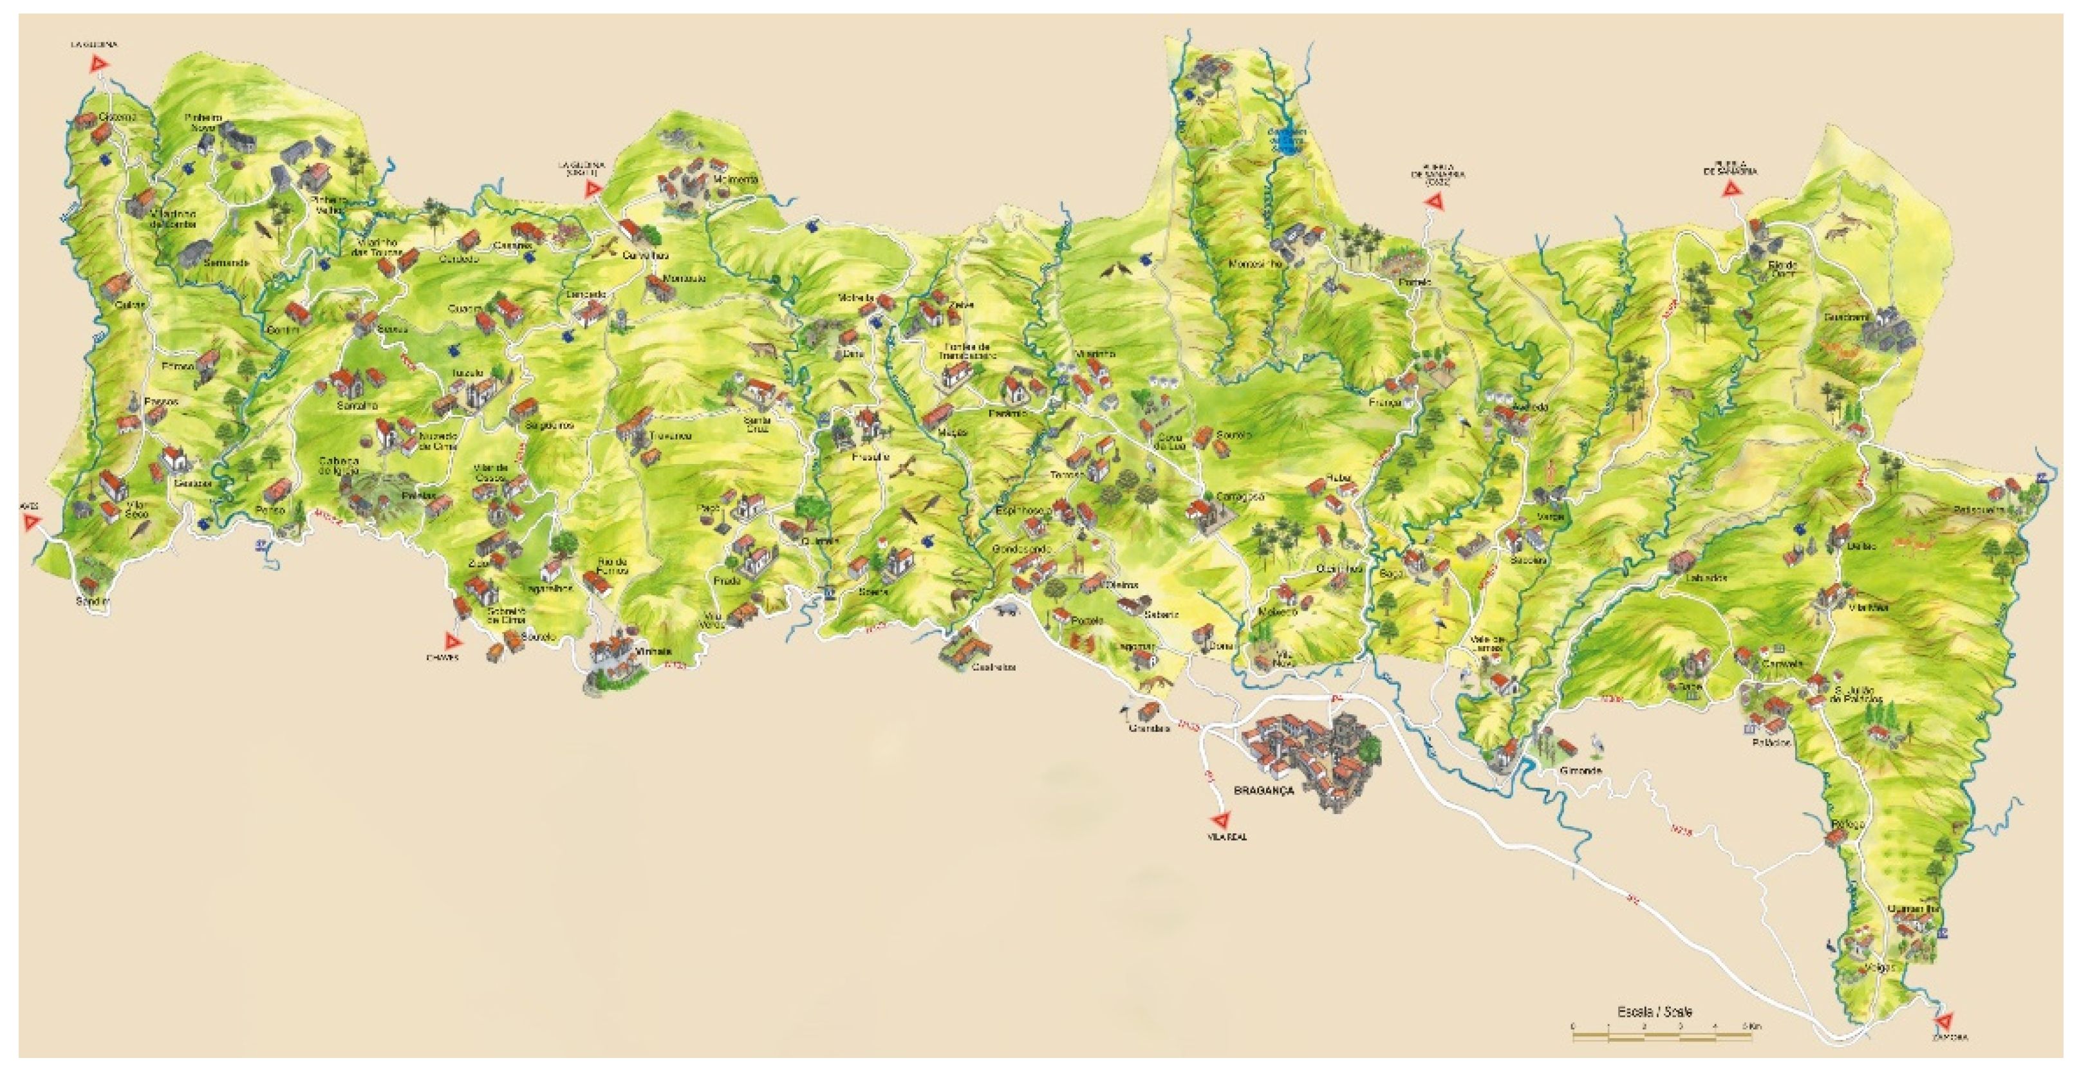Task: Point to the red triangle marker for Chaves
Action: pyautogui.click(x=454, y=642)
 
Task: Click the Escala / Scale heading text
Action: pyautogui.click(x=1654, y=1012)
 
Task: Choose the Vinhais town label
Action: pyautogui.click(x=654, y=651)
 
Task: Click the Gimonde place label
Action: pyautogui.click(x=1580, y=771)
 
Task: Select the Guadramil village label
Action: pyautogui.click(x=1846, y=317)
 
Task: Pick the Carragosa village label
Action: pyautogui.click(x=1240, y=497)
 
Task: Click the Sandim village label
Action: pyautogui.click(x=92, y=601)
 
